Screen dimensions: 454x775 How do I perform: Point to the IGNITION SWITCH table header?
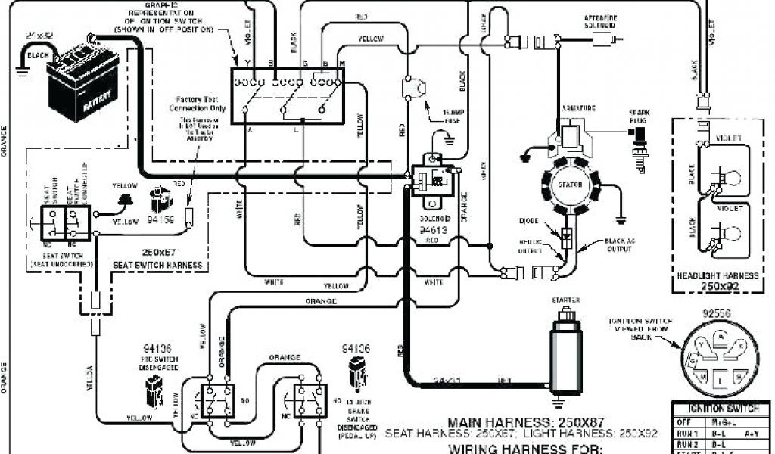pyautogui.click(x=716, y=409)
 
